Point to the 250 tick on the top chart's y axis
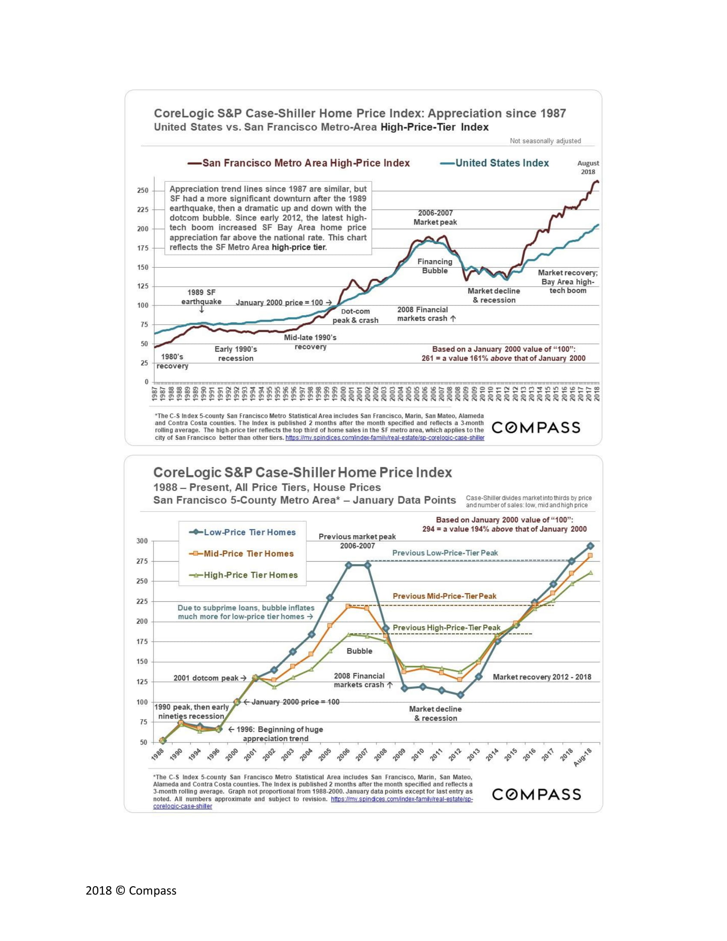(142, 190)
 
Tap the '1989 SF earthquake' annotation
(201, 297)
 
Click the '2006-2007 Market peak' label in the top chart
(435, 218)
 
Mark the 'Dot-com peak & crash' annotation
(355, 316)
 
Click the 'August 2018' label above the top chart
(588, 167)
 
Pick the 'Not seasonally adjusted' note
(545, 141)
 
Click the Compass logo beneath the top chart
(536, 427)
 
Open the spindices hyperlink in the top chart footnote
(384, 438)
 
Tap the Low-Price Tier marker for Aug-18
(590, 546)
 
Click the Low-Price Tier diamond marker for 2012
(461, 695)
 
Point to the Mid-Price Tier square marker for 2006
(349, 606)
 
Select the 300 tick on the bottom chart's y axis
(142, 541)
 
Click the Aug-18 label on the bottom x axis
(583, 758)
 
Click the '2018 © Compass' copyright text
(131, 891)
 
